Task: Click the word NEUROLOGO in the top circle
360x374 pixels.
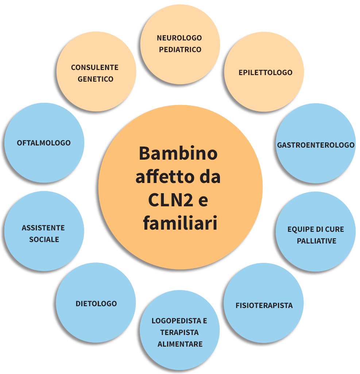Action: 179,38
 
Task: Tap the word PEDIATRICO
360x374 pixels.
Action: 180,49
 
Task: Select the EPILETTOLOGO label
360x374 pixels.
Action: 266,73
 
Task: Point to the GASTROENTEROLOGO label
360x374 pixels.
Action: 316,145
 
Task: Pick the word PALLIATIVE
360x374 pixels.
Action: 317,241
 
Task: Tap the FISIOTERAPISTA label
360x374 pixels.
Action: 264,305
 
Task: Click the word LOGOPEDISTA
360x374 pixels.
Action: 177,321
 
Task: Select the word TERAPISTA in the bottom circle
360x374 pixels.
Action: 179,332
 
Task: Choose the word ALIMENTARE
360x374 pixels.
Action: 180,344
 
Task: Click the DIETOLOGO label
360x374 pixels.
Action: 96,303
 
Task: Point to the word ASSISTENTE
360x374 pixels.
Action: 43,228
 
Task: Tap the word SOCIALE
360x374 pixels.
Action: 44,239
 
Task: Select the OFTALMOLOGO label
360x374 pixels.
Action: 44,143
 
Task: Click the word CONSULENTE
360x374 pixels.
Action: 95,67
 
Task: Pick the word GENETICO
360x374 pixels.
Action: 96,79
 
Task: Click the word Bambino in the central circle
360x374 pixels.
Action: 178,153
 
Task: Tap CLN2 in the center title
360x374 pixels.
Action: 170,200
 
